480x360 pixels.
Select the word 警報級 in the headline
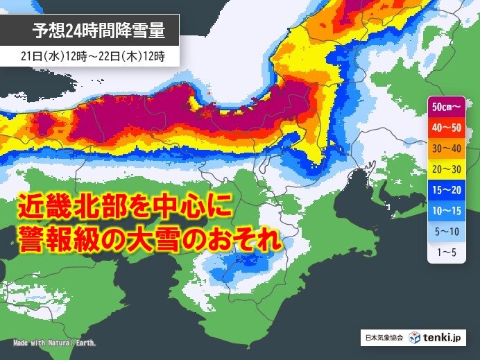point(58,242)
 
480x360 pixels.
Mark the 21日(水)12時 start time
point(47,55)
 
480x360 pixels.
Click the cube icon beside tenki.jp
point(415,338)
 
